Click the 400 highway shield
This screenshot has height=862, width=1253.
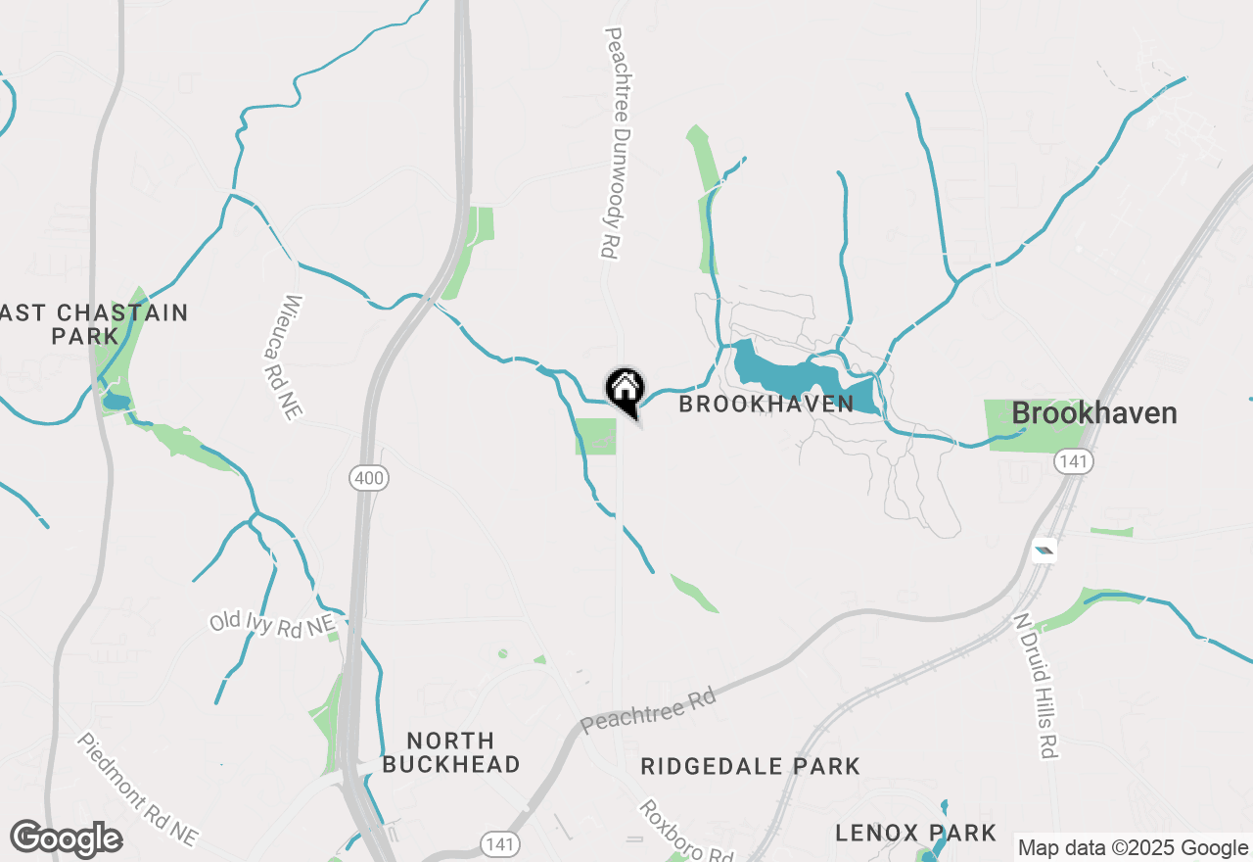click(x=369, y=478)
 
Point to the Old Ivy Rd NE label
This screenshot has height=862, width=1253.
click(x=272, y=623)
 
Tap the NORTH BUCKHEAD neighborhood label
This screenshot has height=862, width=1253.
click(x=450, y=752)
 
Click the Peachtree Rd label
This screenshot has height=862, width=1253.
click(x=648, y=711)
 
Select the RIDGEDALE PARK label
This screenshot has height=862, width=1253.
click(x=750, y=766)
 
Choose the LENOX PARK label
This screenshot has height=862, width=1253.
click(x=915, y=833)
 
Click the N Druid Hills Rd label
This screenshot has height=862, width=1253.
click(x=1036, y=686)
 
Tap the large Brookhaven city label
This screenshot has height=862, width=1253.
click(x=1093, y=413)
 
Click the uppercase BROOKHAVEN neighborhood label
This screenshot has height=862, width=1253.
click(x=766, y=404)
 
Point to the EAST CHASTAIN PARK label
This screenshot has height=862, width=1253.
click(x=94, y=324)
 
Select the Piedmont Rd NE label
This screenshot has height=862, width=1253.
click(x=137, y=790)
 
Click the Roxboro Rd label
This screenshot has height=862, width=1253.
click(x=685, y=831)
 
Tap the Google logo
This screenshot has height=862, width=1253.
click(x=67, y=838)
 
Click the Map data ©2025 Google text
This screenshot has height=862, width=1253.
click(x=1133, y=848)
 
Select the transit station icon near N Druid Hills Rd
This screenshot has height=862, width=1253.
click(x=1044, y=551)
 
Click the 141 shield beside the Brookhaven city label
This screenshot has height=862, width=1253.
click(x=1074, y=461)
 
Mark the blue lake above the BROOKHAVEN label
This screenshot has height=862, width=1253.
click(x=783, y=374)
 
